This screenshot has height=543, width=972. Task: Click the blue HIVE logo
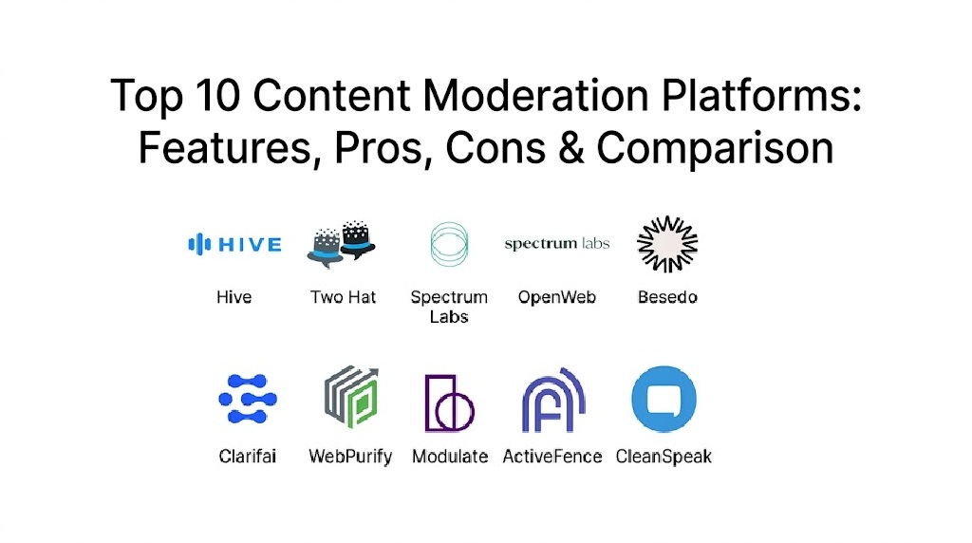click(235, 244)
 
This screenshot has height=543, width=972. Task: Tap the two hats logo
click(342, 244)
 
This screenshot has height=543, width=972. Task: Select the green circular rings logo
click(449, 244)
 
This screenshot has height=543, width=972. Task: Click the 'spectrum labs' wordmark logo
click(556, 244)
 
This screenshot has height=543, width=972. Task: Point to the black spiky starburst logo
click(667, 244)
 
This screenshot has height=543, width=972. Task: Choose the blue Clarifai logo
click(248, 399)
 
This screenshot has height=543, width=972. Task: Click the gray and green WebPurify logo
click(351, 397)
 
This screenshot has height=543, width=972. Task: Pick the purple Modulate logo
click(449, 403)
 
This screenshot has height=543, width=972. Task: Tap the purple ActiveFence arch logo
click(553, 401)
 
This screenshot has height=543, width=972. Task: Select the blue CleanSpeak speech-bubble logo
click(664, 399)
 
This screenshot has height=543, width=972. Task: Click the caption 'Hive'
click(234, 297)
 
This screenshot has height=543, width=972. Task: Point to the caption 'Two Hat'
click(343, 297)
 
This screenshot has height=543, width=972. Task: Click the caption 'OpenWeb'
click(556, 297)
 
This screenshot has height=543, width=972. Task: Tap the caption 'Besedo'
click(667, 297)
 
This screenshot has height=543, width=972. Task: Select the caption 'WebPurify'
click(350, 457)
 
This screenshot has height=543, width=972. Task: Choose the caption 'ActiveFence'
click(552, 457)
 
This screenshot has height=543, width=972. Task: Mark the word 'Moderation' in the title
click(536, 95)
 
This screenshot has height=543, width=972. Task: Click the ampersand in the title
click(570, 148)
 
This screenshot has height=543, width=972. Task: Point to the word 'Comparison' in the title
click(716, 149)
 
